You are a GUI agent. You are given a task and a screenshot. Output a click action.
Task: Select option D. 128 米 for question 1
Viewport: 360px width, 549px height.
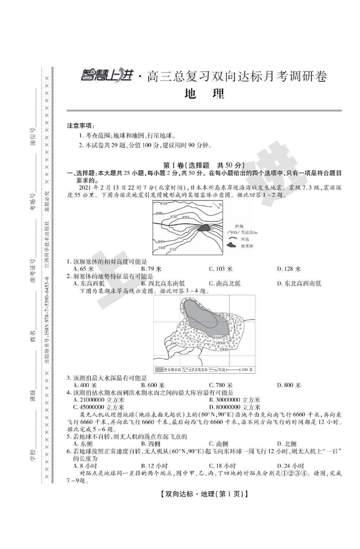(x=289, y=269)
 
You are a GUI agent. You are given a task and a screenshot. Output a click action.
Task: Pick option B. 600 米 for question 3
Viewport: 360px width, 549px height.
(x=153, y=385)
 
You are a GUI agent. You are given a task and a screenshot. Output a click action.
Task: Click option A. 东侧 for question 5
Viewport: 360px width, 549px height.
(x=82, y=443)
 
